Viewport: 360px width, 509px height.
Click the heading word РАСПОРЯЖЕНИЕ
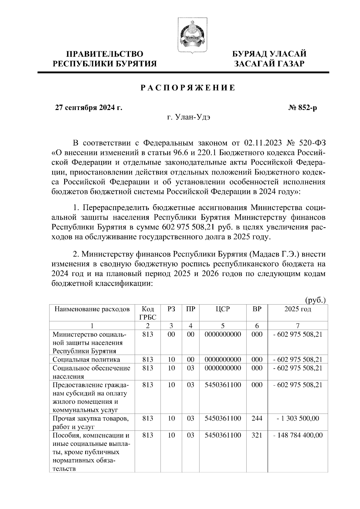(188, 88)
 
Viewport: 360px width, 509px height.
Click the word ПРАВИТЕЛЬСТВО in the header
(105, 54)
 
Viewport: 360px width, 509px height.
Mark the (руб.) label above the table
(315, 300)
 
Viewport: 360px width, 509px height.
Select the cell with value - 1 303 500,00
(298, 418)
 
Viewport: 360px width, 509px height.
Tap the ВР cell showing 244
(257, 418)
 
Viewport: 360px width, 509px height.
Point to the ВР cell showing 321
(257, 435)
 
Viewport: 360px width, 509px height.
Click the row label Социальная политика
(86, 360)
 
